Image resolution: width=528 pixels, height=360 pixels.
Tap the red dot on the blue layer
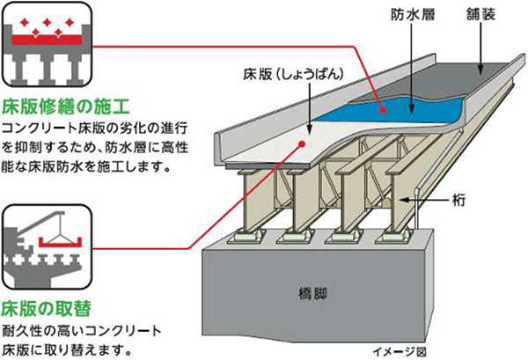click(x=382, y=110)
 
